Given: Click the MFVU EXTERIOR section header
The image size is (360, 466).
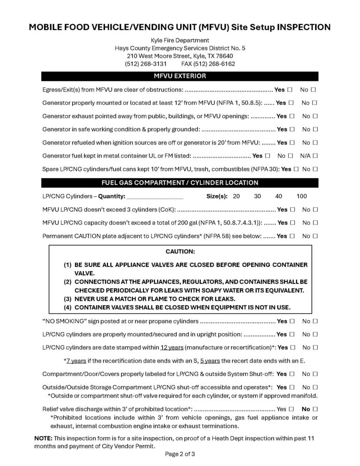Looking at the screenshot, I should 180,75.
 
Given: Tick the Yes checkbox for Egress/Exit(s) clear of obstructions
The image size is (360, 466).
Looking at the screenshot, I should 291,89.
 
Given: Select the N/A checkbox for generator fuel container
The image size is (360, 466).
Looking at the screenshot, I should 315,155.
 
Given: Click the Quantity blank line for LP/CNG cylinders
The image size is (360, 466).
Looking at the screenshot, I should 155,196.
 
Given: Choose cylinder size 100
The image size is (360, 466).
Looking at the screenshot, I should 301,196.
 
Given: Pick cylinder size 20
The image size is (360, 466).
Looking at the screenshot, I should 236,196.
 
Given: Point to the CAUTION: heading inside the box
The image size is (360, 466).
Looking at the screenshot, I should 180,252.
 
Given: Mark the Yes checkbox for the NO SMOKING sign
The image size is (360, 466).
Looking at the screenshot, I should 292,322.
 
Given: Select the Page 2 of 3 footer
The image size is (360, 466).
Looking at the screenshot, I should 180,454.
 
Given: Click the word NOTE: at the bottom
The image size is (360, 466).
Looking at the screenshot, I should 43,437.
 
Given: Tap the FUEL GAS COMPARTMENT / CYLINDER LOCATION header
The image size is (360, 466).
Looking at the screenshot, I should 180,183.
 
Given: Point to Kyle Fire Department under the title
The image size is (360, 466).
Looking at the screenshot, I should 180,40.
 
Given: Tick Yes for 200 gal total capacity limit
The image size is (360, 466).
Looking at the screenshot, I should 292,223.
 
